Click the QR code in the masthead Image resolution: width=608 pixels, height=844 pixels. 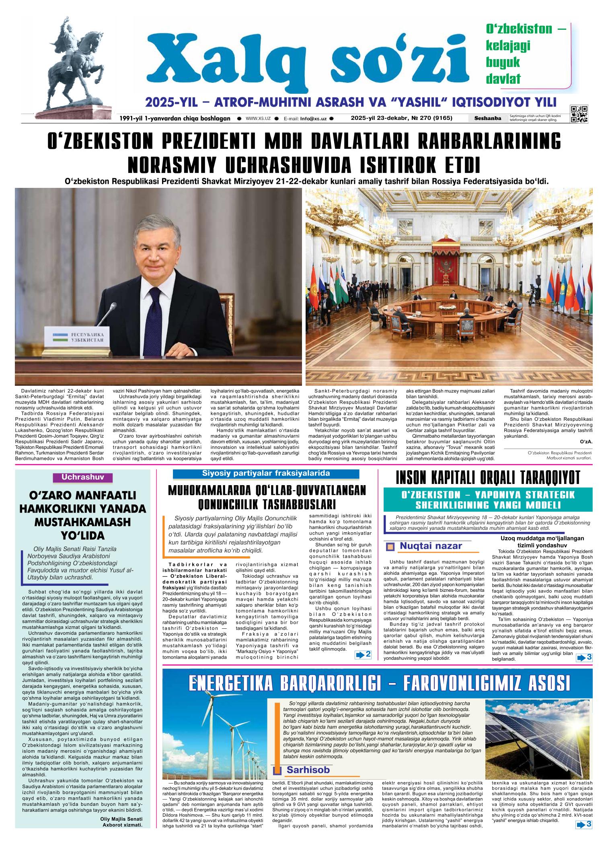pos(579,114)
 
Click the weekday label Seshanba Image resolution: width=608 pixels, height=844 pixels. pos(487,118)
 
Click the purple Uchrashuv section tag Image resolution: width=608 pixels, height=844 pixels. pos(83,478)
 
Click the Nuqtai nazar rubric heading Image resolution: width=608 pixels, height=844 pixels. pos(430,546)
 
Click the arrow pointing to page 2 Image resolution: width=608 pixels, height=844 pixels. pos(363,655)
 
